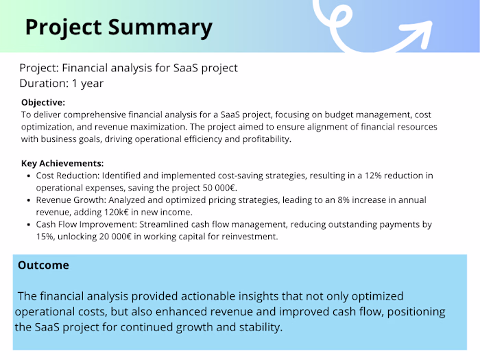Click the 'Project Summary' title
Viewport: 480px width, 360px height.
pos(119,27)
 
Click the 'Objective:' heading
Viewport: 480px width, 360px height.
pos(43,102)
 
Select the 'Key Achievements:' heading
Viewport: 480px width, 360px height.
pos(62,163)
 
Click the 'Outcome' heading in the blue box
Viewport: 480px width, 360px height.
pos(43,265)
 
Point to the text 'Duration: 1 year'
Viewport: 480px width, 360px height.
pos(61,84)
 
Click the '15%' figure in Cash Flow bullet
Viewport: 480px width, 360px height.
pos(46,237)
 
